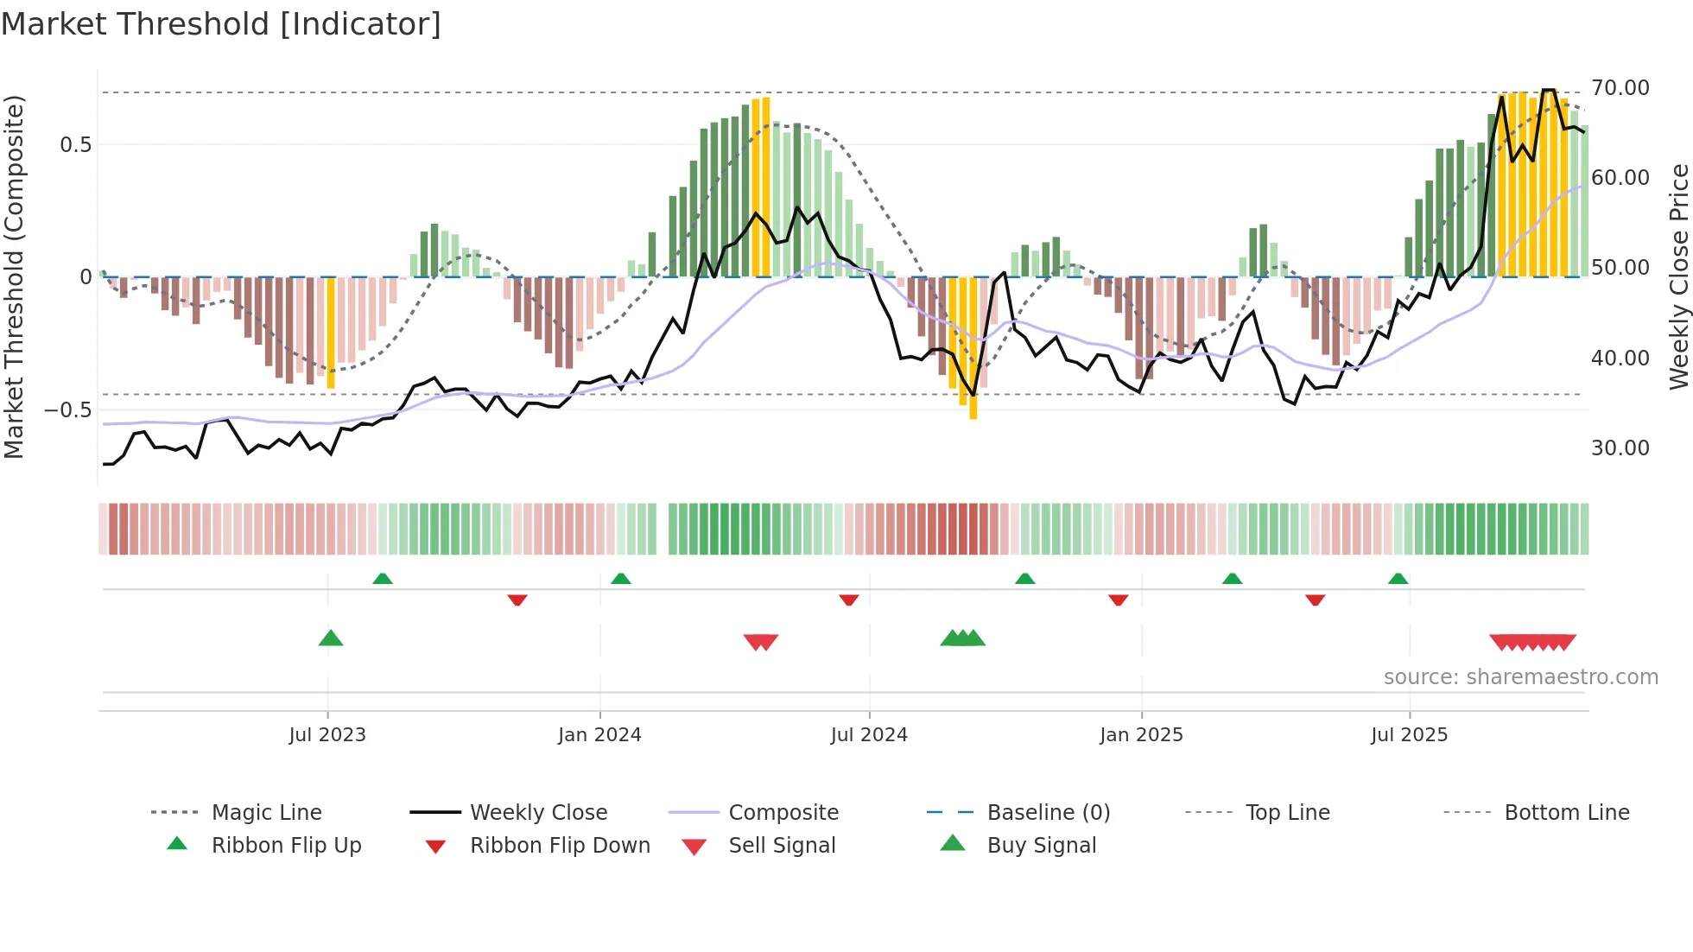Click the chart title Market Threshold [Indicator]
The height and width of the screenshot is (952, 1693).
[221, 24]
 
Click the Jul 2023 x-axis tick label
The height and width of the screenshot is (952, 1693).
[327, 735]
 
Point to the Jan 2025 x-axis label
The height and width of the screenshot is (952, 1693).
[1141, 735]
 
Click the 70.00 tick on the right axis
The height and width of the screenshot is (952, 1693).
[1620, 88]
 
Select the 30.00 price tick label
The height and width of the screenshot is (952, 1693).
[1620, 448]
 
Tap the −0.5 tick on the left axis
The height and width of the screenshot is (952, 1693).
[68, 410]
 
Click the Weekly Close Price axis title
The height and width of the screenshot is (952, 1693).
[1678, 276]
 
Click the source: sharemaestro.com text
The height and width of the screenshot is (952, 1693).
[1520, 677]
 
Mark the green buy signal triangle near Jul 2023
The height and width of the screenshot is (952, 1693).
[331, 638]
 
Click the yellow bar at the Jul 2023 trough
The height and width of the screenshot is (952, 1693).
[331, 333]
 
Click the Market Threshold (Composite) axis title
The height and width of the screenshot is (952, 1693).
[14, 276]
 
